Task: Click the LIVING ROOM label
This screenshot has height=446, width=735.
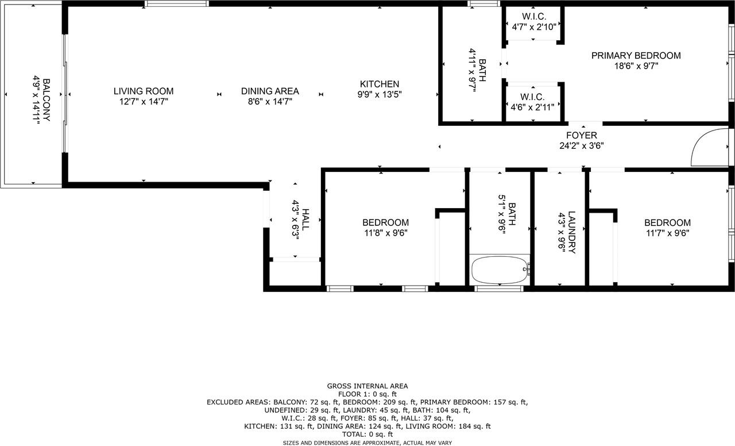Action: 144,91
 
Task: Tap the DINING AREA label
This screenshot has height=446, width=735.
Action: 270,91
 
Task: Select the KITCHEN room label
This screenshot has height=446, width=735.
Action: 380,84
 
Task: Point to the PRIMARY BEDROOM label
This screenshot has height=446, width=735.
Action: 636,56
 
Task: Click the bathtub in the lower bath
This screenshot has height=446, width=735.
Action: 499,270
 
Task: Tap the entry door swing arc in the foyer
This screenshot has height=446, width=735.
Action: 703,146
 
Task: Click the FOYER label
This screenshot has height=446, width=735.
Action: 582,136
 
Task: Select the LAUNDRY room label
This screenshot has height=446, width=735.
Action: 571,232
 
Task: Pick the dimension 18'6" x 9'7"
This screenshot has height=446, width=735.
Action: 636,66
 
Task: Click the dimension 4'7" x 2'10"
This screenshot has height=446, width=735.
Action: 534,26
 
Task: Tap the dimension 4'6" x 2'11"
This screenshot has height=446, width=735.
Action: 532,107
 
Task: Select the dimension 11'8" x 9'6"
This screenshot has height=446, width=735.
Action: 385,233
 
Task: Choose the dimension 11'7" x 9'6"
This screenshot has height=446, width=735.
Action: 667,233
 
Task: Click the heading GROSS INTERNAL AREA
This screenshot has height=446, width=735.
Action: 367,386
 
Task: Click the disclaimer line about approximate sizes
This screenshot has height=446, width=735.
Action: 367,443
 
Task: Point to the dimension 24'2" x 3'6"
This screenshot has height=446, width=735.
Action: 582,145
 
